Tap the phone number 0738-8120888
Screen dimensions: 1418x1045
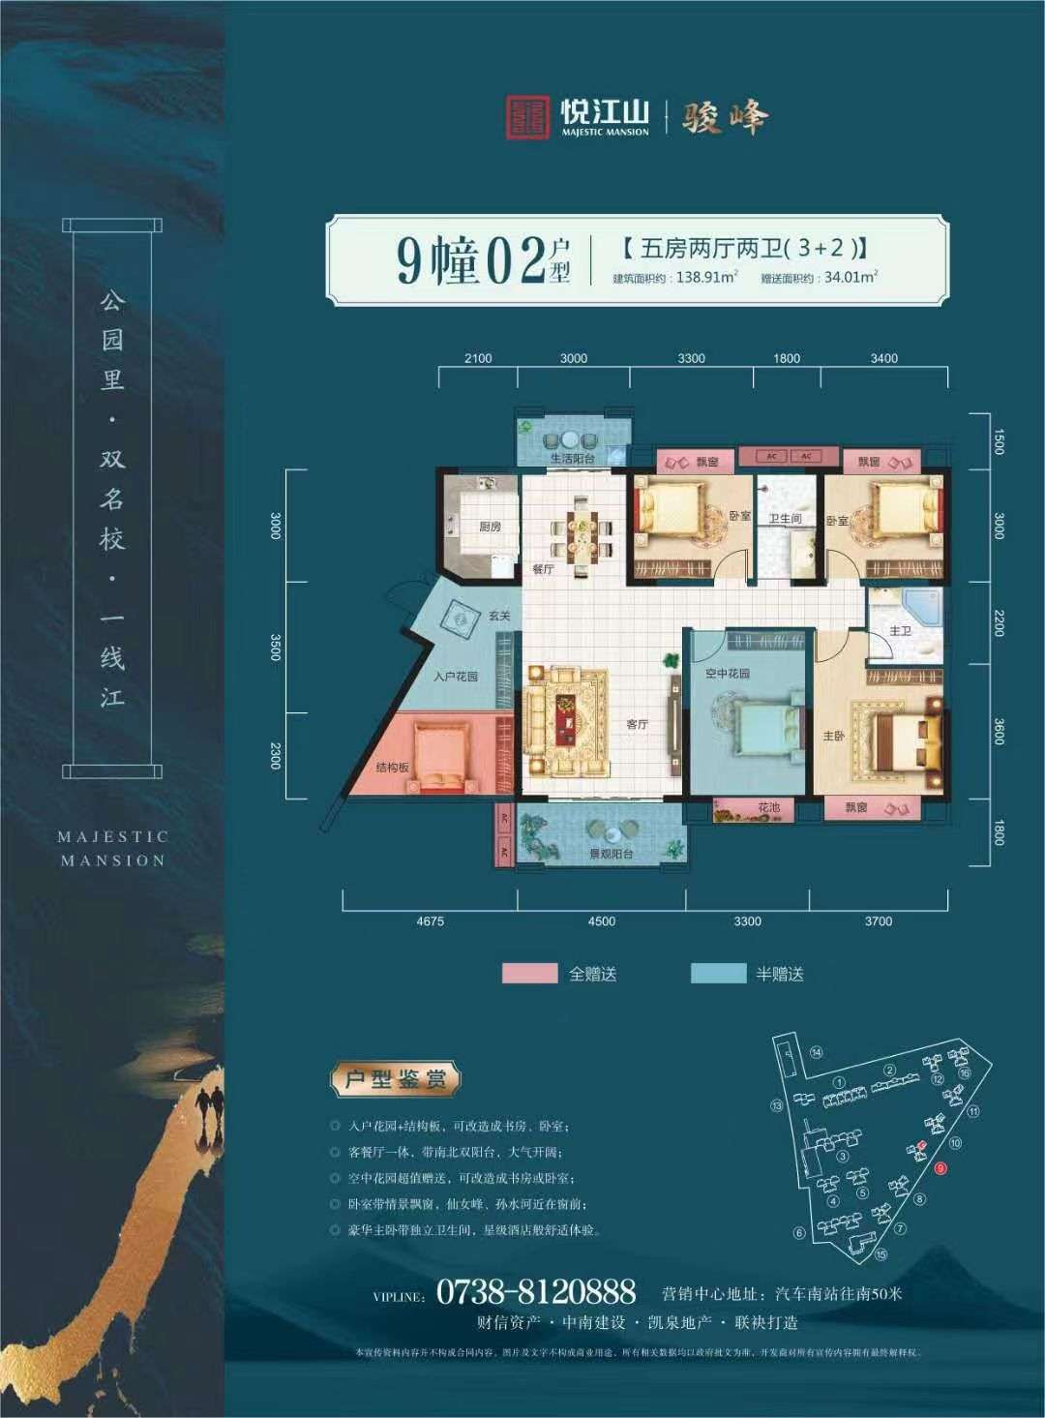click(x=536, y=1291)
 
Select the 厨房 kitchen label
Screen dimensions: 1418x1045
click(x=490, y=528)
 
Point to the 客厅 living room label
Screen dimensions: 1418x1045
click(x=636, y=723)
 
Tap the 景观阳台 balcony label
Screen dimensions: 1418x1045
click(x=612, y=855)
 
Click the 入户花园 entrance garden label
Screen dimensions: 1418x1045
click(x=455, y=676)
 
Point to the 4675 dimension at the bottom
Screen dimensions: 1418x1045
click(x=430, y=921)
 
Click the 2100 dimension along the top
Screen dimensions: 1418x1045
click(x=478, y=358)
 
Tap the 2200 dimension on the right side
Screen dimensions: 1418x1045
click(x=999, y=623)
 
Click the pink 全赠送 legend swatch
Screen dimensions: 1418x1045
click(x=529, y=974)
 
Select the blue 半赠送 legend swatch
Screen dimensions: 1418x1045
click(x=719, y=974)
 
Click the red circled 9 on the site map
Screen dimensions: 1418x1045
click(x=940, y=1168)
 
